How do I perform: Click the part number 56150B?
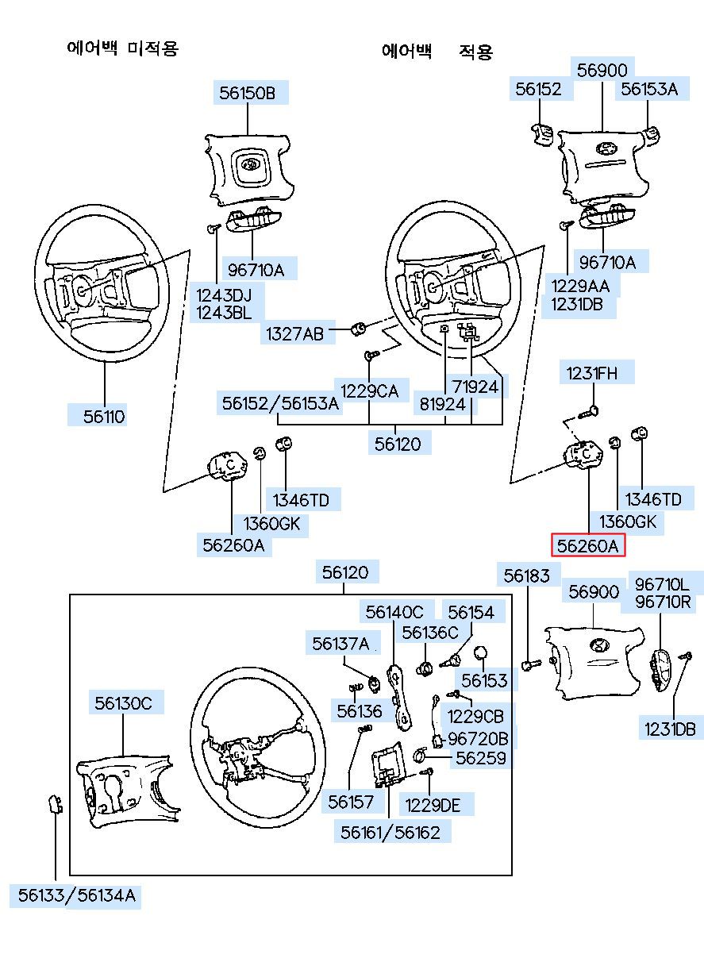[x=248, y=93]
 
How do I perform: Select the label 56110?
[x=105, y=416]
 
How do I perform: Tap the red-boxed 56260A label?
[x=587, y=545]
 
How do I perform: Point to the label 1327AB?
[x=294, y=334]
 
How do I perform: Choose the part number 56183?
[x=526, y=575]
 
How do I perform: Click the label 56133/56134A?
[x=77, y=896]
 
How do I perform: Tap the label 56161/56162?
[x=390, y=832]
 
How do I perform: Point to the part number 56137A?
[x=340, y=643]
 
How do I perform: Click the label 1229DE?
[x=433, y=805]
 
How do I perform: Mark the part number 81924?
[x=442, y=404]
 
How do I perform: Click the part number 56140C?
[x=395, y=612]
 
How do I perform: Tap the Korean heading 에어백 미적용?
[x=123, y=48]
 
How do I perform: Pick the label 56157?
[x=351, y=802]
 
